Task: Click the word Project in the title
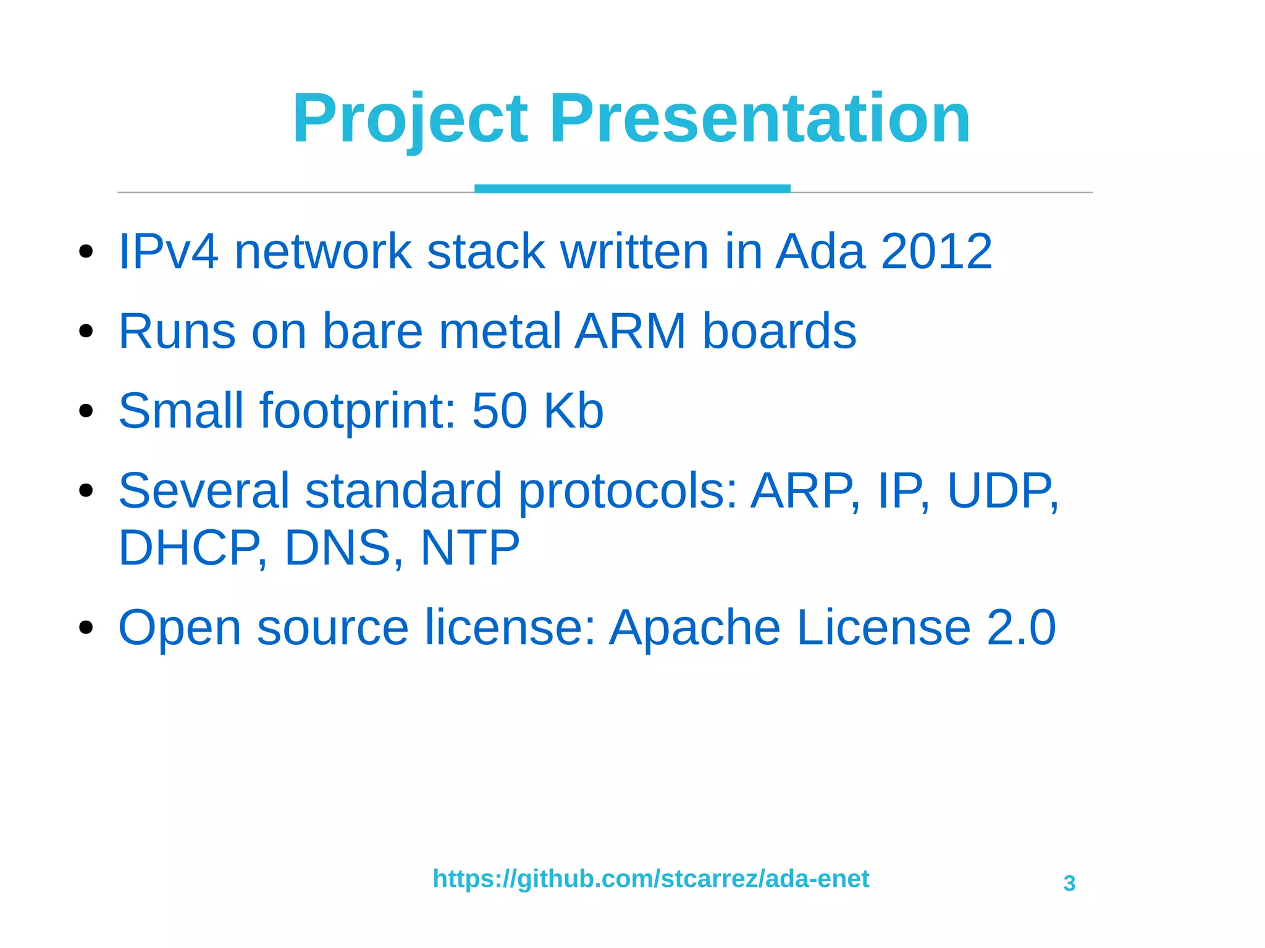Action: point(410,119)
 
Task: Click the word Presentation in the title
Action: point(760,119)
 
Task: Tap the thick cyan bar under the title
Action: point(632,188)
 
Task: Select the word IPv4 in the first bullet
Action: point(168,251)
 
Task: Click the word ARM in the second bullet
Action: point(631,331)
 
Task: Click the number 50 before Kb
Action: point(499,411)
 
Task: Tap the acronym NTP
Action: point(469,548)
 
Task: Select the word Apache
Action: point(695,627)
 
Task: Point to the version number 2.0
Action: point(1021,627)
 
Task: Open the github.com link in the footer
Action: point(650,879)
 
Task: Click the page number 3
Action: point(1069,884)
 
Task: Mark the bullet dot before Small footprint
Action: point(86,411)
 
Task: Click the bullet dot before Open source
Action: point(86,627)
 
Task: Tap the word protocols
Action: point(628,491)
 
